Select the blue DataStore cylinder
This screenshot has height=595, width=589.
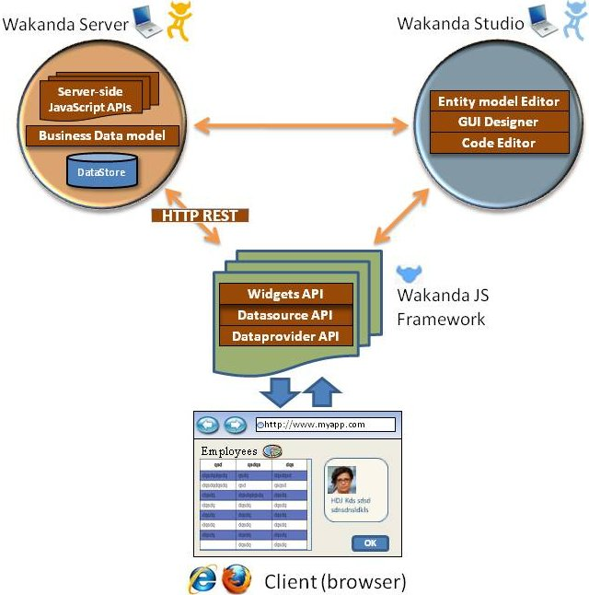click(x=102, y=170)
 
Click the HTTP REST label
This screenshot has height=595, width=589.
click(x=200, y=216)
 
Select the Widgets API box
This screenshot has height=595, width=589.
click(x=285, y=295)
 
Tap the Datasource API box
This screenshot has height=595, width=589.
click(x=285, y=316)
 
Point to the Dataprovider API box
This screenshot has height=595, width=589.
click(x=285, y=336)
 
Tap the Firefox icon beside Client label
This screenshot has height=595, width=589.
click(x=236, y=579)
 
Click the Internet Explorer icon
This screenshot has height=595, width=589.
click(x=202, y=579)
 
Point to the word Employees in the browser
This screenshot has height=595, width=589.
click(x=229, y=452)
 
